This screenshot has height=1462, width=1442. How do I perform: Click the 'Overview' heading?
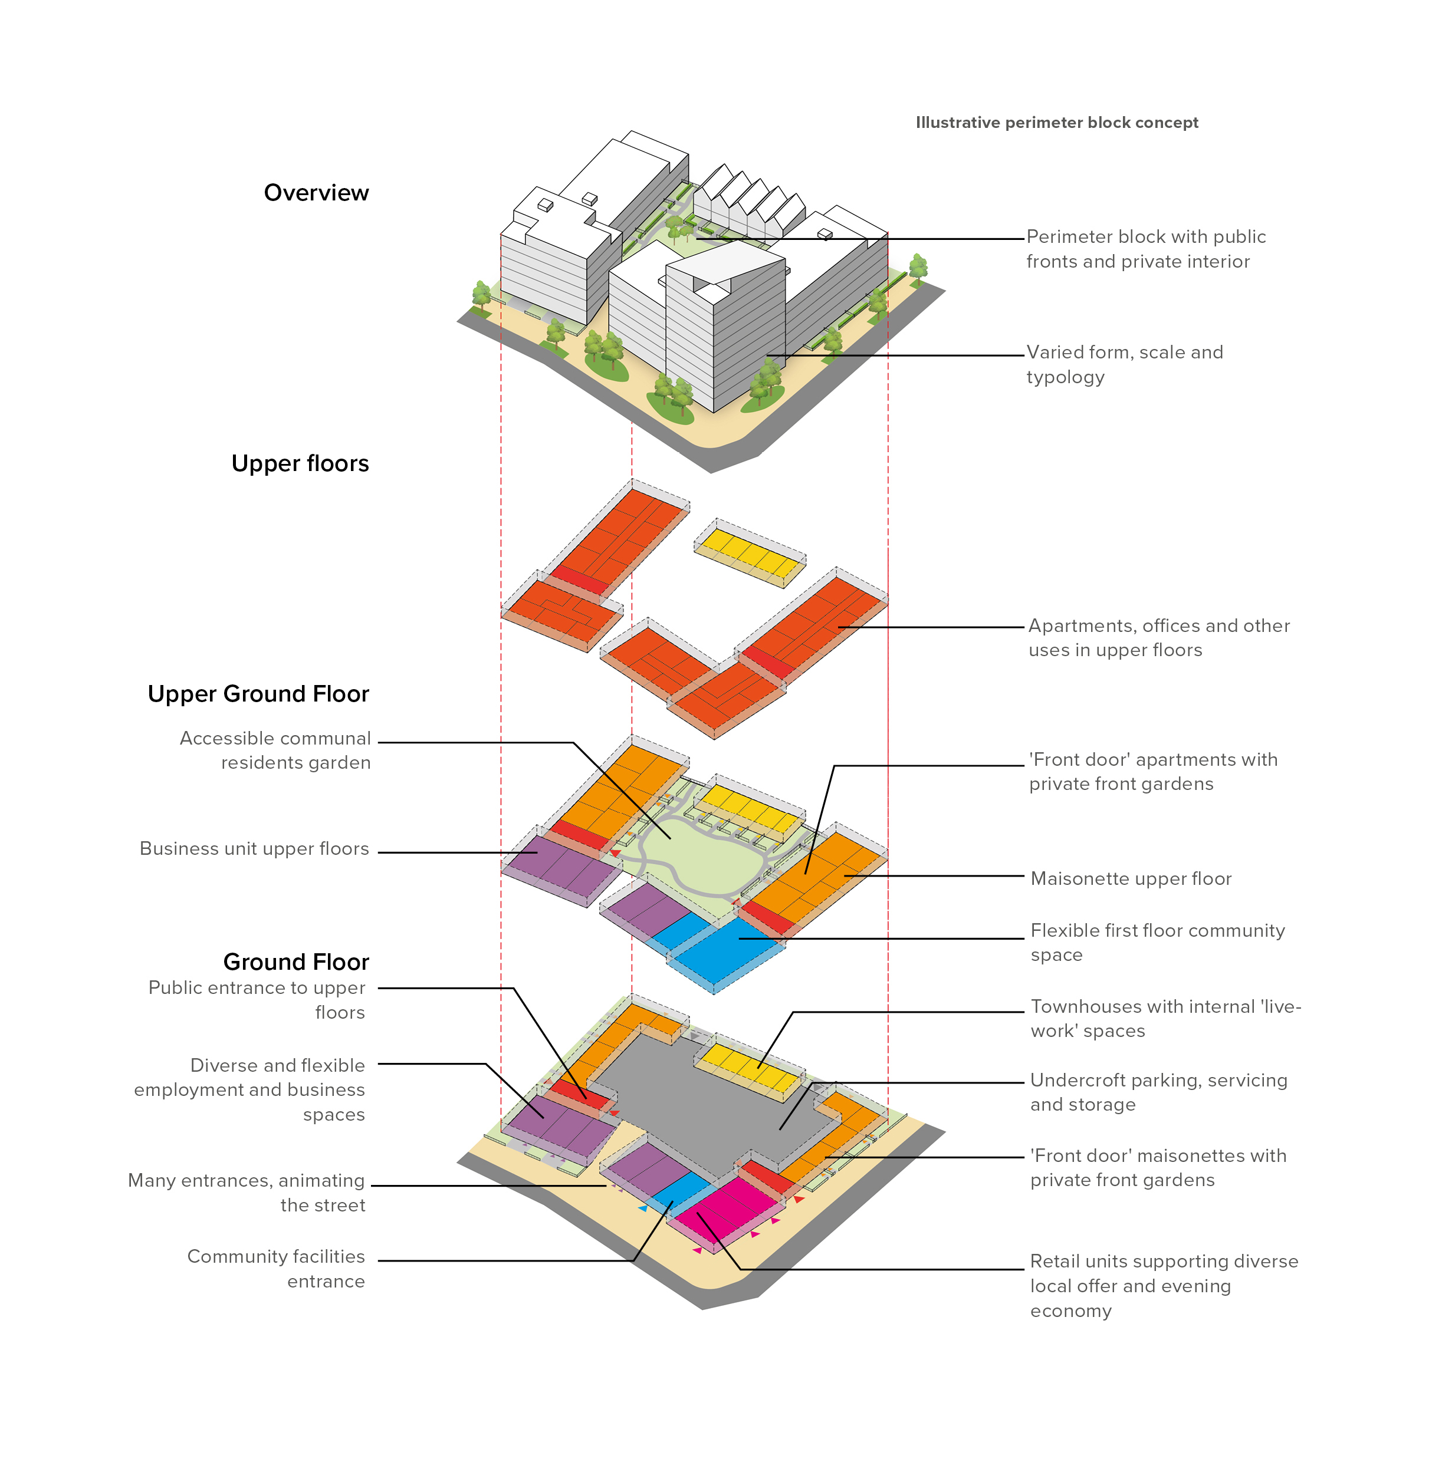coord(316,193)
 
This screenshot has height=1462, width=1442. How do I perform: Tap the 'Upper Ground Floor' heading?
coord(258,694)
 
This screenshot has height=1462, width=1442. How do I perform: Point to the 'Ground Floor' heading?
coord(296,962)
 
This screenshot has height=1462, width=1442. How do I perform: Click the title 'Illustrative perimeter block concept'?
coord(1057,123)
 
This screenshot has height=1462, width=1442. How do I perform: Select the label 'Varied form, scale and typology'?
coord(1124,365)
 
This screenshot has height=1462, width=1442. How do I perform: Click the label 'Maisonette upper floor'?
coord(1131,878)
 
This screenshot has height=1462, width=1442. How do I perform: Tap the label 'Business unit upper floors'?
coord(254,849)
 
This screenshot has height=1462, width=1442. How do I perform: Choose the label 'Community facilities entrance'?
coord(275,1269)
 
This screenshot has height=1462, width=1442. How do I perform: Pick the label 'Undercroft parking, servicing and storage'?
coord(1158,1092)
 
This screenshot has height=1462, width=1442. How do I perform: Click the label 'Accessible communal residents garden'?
coord(275,750)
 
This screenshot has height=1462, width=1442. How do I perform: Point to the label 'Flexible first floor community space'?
coord(1157,942)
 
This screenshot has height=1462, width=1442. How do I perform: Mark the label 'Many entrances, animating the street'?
coord(246,1193)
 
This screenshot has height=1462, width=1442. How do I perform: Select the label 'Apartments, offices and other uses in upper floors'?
coord(1158,638)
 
